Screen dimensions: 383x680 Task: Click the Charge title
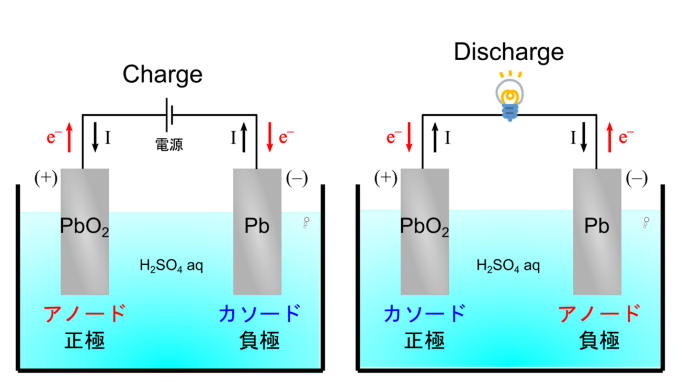(x=162, y=74)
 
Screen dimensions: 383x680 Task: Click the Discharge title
(x=508, y=52)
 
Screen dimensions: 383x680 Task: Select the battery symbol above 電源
(x=168, y=114)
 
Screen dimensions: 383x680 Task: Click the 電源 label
(x=169, y=144)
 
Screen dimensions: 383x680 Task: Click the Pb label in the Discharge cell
(x=597, y=226)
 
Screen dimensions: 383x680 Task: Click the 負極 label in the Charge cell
(x=259, y=341)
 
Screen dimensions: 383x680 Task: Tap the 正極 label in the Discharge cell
(x=424, y=341)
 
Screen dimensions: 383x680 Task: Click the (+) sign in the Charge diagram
(x=45, y=178)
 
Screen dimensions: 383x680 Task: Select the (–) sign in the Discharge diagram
(x=637, y=179)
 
